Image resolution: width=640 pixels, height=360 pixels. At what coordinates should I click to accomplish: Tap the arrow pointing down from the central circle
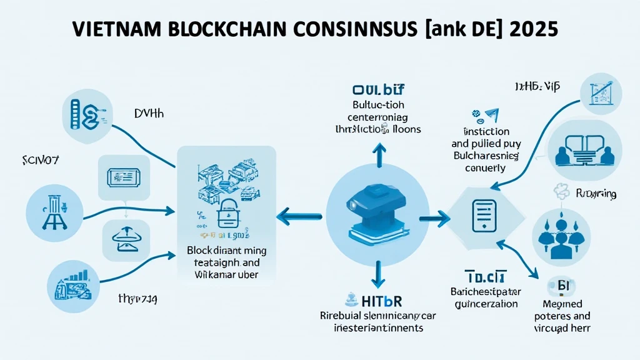pyautogui.click(x=377, y=274)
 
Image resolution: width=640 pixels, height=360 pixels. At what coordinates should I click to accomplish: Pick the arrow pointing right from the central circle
pyautogui.click(x=436, y=218)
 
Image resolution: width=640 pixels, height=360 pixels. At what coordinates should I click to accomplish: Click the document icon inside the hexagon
pyautogui.click(x=482, y=216)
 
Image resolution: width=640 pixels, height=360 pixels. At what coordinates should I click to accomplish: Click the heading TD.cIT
pyautogui.click(x=485, y=277)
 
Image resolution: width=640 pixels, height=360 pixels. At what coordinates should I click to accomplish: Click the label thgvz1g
pyautogui.click(x=137, y=299)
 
